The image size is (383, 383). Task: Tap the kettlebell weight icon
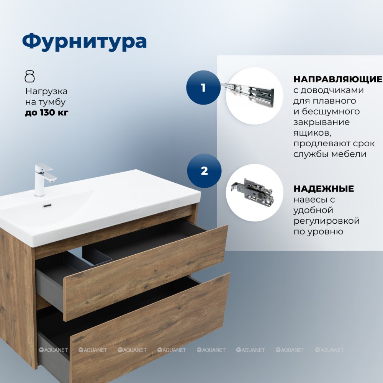[x=30, y=76]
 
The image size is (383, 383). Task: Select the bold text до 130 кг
[x=47, y=113]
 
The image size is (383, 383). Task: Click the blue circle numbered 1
[x=203, y=87]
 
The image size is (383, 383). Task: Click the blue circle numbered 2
[x=204, y=171]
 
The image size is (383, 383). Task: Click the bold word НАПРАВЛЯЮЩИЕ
[x=338, y=79]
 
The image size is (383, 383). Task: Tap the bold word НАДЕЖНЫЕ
[x=324, y=188]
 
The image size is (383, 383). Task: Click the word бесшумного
[x=331, y=111]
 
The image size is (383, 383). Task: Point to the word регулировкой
[x=326, y=221]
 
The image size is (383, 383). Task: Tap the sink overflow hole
[x=47, y=205]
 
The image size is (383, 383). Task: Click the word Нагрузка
[x=46, y=92]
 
